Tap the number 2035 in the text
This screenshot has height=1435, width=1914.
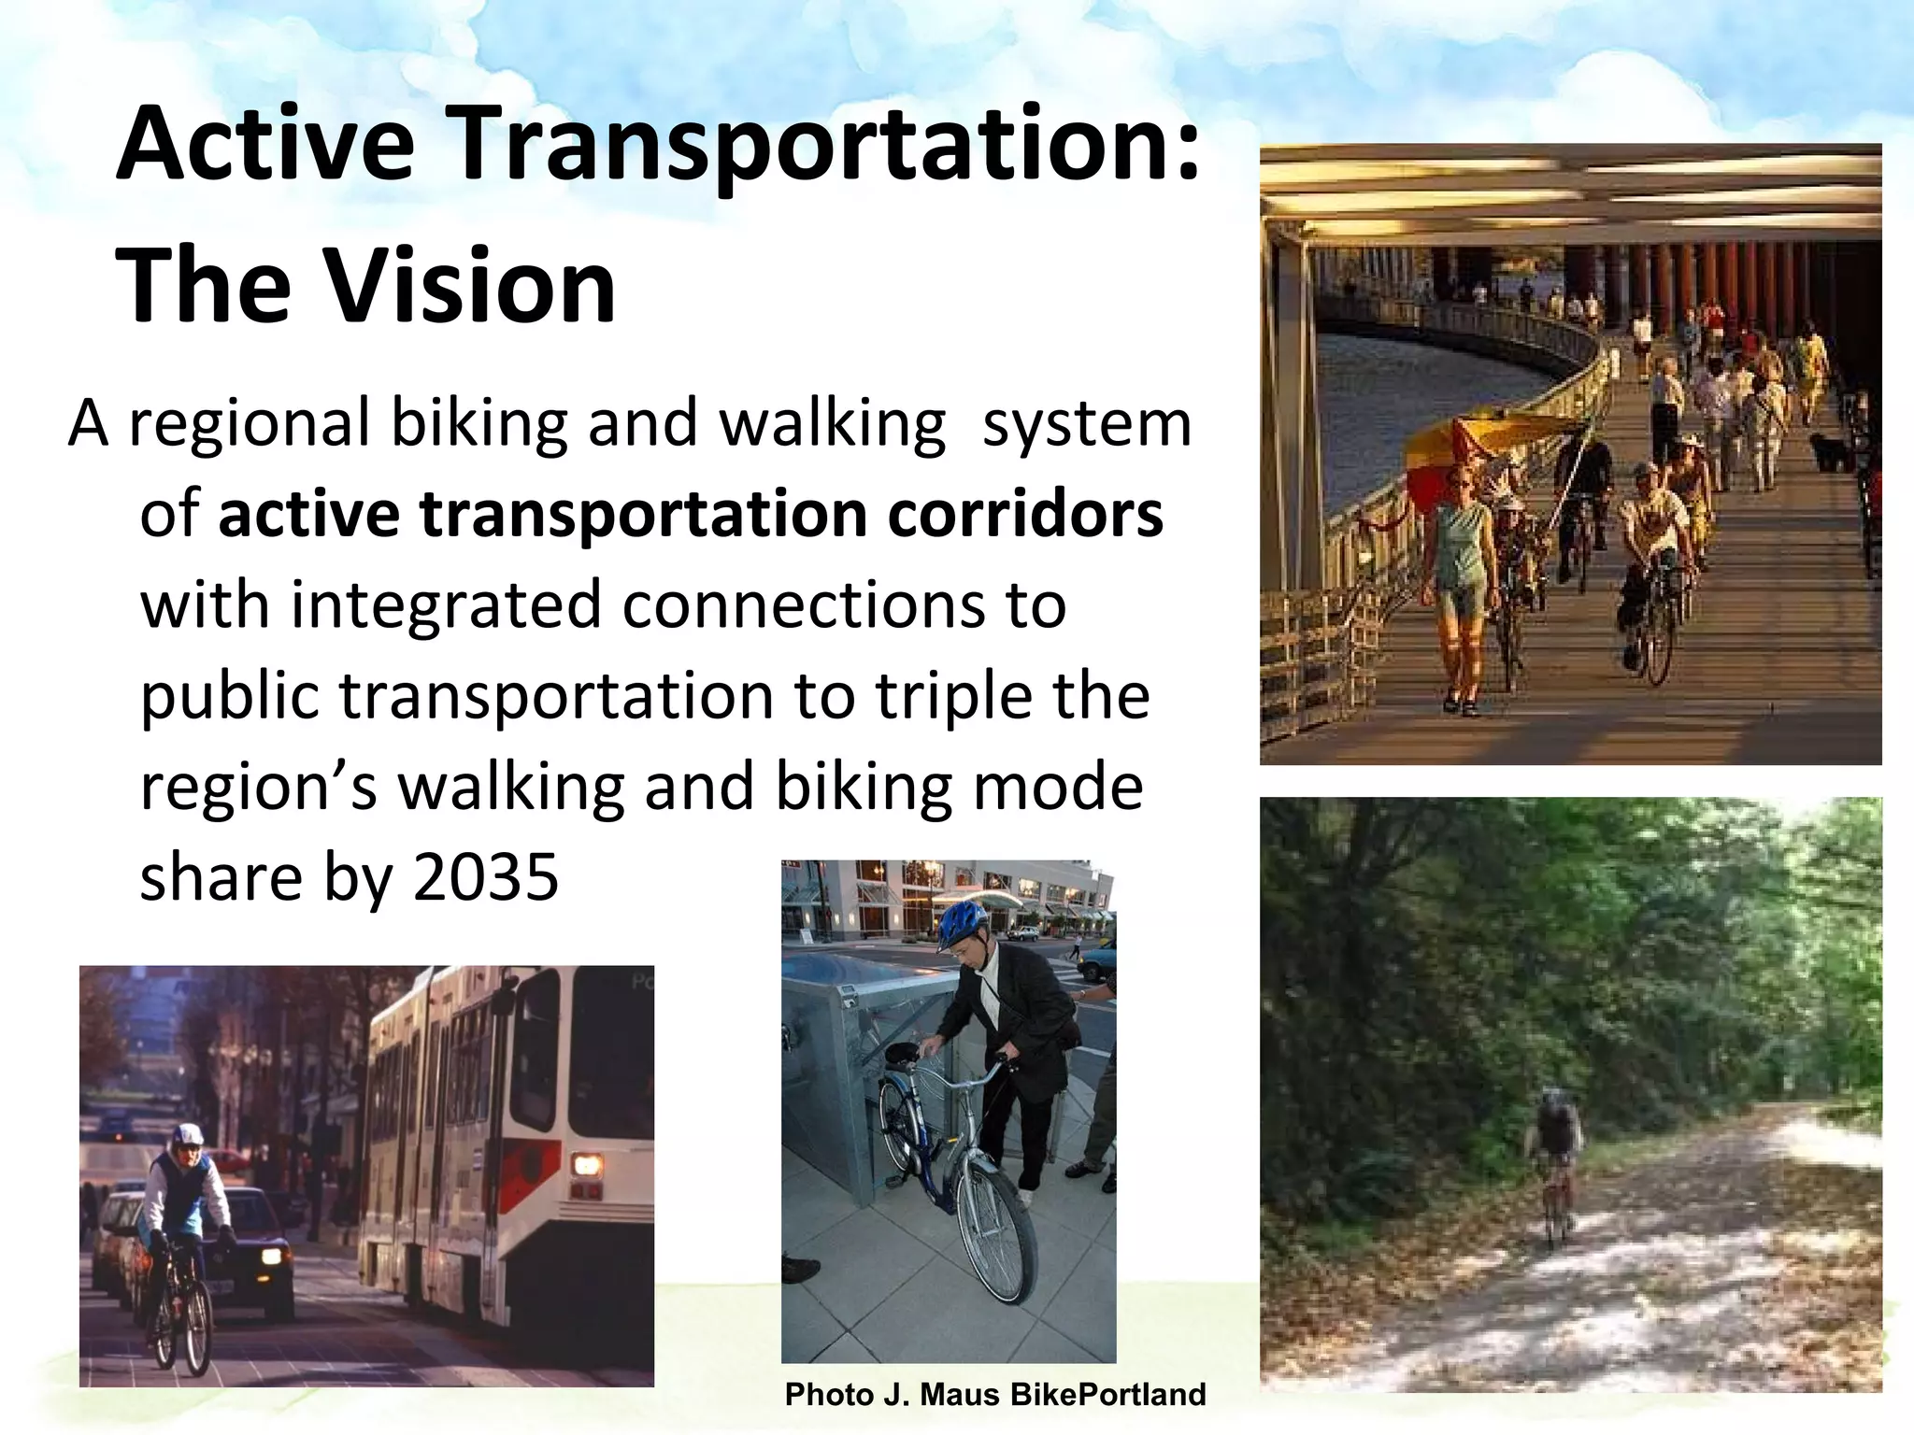coord(485,878)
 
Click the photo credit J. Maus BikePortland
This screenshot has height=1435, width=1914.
coord(995,1395)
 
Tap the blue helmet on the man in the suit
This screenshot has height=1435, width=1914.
coord(964,923)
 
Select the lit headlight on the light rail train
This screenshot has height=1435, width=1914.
coord(587,1164)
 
